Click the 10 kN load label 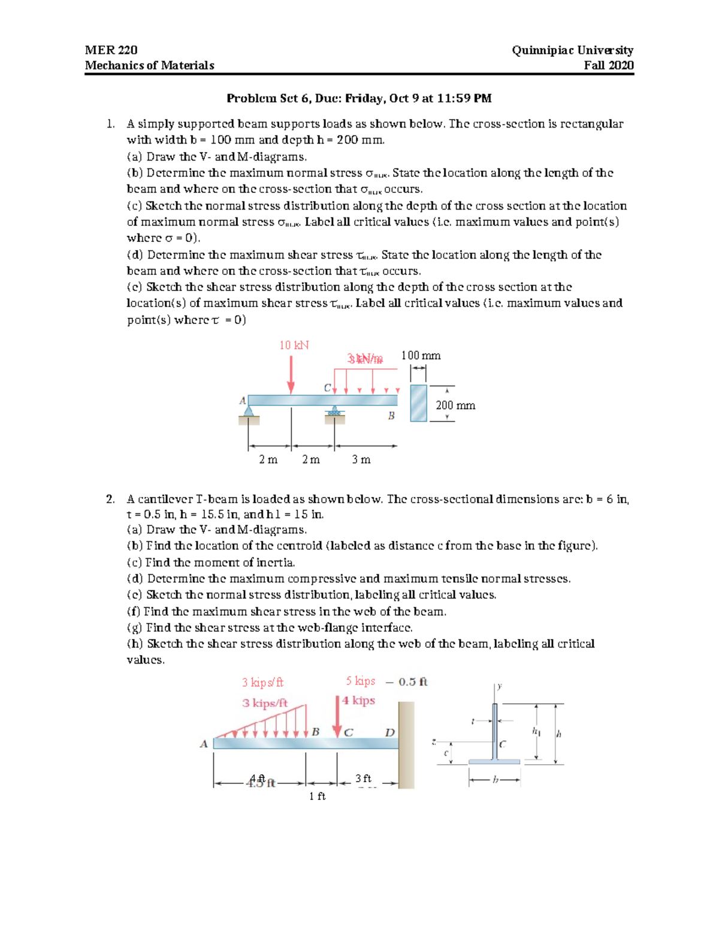point(294,346)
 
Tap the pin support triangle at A point(249,410)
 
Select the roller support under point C point(334,411)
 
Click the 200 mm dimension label point(455,405)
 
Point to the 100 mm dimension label point(421,356)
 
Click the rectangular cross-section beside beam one point(418,403)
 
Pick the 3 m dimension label point(361,459)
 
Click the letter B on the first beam point(391,416)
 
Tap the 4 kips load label point(358,701)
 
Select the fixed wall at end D point(406,744)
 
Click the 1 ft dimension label point(317,796)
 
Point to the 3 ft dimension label point(363,778)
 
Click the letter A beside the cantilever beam point(204,744)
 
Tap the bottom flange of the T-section point(494,762)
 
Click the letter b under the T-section point(495,780)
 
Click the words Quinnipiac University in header point(572,50)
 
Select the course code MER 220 point(111,50)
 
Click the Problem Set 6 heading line point(358,98)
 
